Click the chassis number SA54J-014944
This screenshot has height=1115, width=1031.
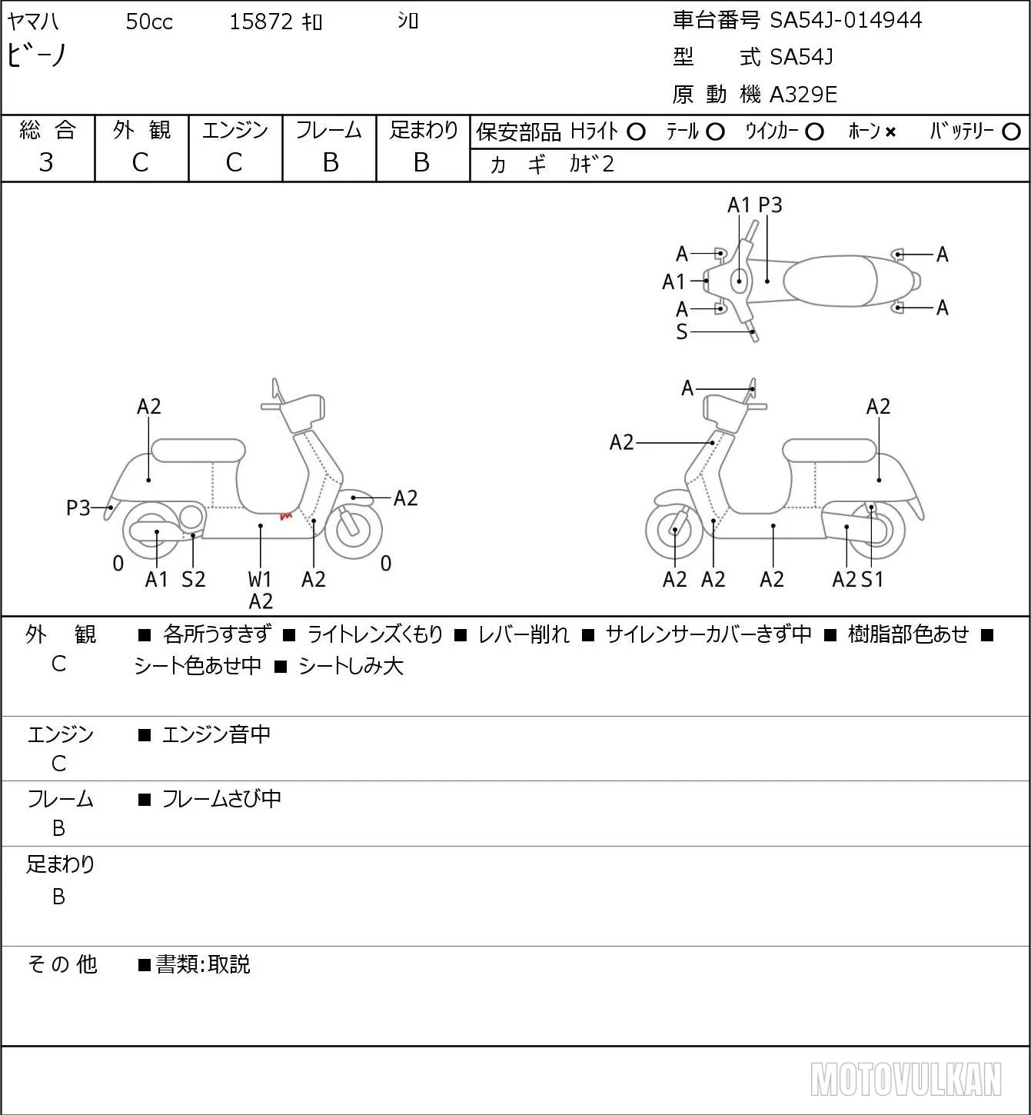[846, 20]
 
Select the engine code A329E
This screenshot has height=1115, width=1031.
[803, 95]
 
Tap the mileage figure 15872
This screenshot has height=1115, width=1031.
[261, 22]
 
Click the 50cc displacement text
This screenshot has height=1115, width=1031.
[149, 22]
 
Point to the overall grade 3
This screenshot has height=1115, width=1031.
[46, 162]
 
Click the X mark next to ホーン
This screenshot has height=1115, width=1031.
[890, 132]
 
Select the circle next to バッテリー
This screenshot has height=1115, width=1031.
[1011, 132]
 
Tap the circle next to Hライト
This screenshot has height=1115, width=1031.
[636, 132]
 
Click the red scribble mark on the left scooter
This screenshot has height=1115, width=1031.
[286, 515]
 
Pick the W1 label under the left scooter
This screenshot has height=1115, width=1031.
[259, 579]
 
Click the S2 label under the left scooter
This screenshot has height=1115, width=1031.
[194, 579]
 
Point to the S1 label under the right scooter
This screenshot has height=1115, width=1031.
[872, 579]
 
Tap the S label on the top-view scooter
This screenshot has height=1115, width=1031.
[682, 331]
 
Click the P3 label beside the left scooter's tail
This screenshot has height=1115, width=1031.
[78, 508]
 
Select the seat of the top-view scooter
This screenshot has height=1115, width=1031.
[830, 281]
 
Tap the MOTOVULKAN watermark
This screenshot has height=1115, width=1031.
[906, 1079]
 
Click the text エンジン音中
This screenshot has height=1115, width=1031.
[216, 734]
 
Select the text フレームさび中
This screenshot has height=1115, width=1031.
[221, 799]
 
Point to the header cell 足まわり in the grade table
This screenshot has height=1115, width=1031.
[424, 130]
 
